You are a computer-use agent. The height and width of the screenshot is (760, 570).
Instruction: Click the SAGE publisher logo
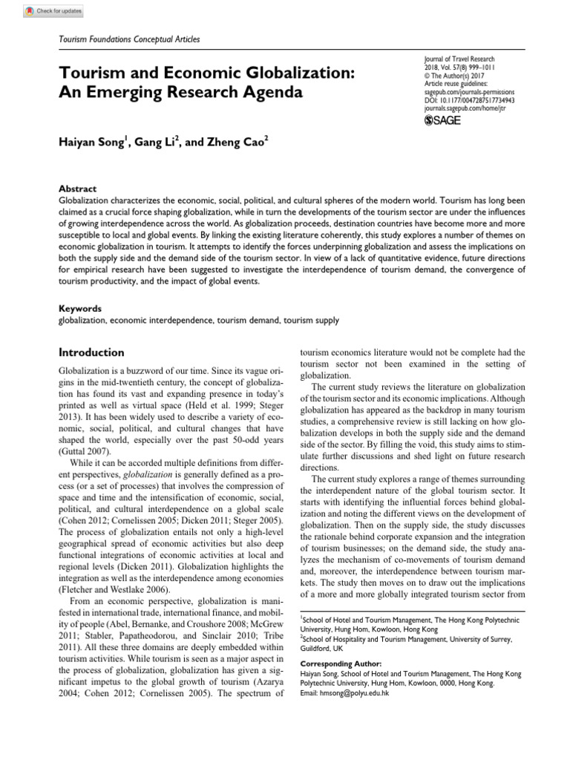[440, 121]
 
